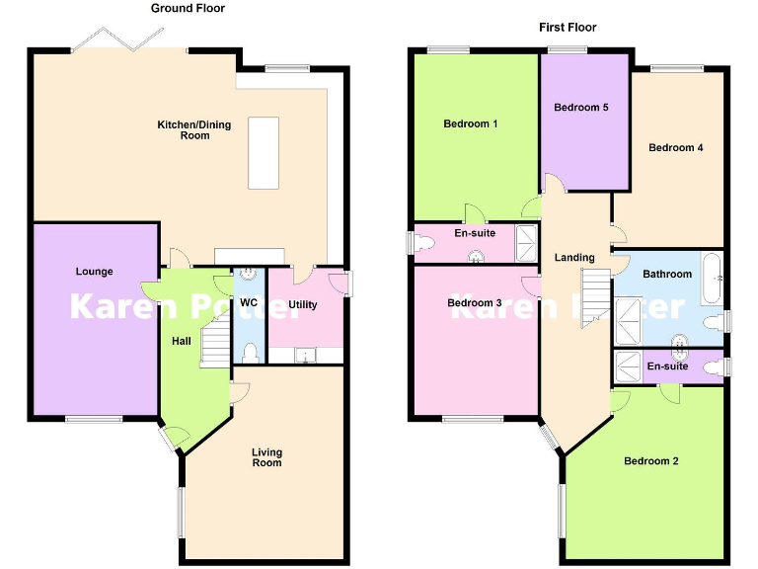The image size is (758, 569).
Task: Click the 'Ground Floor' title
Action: coord(188,8)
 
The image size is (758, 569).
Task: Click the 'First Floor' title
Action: coord(568,28)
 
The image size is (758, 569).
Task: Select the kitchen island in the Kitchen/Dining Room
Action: coord(264,152)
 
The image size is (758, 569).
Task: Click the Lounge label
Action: coord(95,272)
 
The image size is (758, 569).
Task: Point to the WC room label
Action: coord(249,301)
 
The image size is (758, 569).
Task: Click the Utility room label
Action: coord(303,304)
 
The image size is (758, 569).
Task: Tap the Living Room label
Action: coord(266,457)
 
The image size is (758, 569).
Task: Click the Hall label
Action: coord(182,341)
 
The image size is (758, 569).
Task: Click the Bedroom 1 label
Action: coord(470,123)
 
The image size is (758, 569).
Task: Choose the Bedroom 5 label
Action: coord(580,107)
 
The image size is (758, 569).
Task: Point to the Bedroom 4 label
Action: coord(675,147)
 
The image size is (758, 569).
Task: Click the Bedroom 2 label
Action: coord(649,460)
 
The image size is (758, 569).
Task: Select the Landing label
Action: coord(574,258)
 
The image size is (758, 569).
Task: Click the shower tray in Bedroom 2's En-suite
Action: coord(628,366)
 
